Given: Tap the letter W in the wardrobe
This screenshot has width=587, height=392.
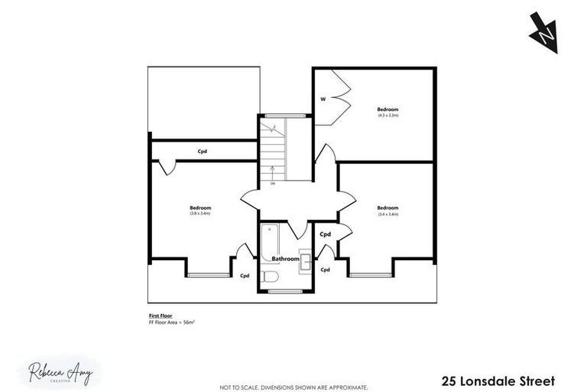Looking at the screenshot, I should coord(323,99).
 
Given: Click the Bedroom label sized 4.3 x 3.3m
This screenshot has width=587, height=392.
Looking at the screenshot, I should coord(388,109).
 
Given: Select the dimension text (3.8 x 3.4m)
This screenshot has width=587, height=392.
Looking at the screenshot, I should coord(200,214).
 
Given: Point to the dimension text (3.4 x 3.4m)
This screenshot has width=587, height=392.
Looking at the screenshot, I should coord(388,214).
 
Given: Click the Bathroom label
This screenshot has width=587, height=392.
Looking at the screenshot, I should coord(285,259).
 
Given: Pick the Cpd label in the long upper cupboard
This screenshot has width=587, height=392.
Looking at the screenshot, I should coord(203,151).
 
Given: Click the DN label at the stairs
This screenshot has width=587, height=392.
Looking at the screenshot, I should coord(272,184).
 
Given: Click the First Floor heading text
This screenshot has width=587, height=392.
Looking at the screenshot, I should coord(158,315).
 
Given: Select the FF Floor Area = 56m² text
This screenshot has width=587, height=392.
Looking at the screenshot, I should coord(172,322).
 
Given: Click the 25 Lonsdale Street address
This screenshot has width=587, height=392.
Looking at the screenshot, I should coord(496,381).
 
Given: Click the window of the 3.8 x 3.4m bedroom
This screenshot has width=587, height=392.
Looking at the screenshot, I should coord(209,274).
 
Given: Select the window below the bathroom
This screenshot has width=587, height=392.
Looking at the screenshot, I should coord(285,292).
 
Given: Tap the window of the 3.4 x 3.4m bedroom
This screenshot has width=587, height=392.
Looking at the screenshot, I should coord(372,274).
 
